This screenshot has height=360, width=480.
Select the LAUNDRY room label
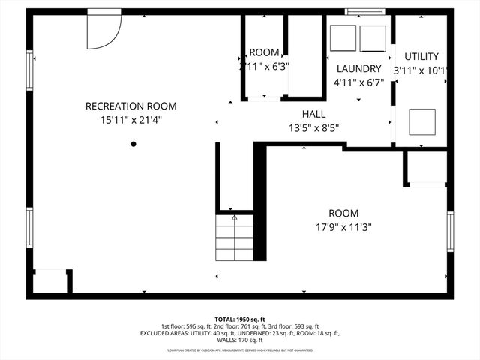click(x=358, y=68)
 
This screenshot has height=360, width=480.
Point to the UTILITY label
click(x=421, y=56)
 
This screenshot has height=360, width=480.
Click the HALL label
click(x=313, y=113)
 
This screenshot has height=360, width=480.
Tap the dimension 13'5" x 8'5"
click(x=313, y=127)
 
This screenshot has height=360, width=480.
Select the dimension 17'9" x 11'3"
click(x=343, y=227)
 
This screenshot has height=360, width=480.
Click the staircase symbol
click(x=235, y=237)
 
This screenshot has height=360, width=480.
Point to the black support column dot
click(x=133, y=144)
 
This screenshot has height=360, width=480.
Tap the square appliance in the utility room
click(x=421, y=121)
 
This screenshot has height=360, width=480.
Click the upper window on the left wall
click(x=30, y=73)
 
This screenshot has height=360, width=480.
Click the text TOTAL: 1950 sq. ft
click(x=239, y=319)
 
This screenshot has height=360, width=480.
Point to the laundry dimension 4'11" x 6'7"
click(x=358, y=82)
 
